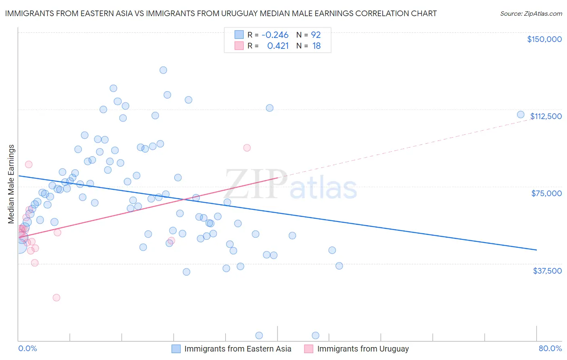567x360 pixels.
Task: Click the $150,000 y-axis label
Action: tap(544, 39)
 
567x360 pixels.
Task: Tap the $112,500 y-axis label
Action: tap(546, 116)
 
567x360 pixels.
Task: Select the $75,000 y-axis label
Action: tap(546, 193)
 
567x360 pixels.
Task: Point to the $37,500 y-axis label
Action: tap(547, 271)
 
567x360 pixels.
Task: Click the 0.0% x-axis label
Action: tap(27, 348)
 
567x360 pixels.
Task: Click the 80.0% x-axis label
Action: tap(550, 348)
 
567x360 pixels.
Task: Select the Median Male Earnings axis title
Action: tap(11, 184)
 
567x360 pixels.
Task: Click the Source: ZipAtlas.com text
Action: tap(531, 14)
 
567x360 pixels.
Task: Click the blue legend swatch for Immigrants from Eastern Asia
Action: tap(176, 349)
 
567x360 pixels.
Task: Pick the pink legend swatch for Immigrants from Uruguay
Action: tap(309, 349)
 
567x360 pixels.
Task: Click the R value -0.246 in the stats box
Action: tap(275, 35)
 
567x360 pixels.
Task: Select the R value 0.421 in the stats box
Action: tap(278, 46)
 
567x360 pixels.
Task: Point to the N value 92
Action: tap(316, 35)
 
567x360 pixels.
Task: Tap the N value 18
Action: tap(317, 46)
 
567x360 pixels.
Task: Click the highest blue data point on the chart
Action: tap(163, 70)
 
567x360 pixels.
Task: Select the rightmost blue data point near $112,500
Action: tap(521, 115)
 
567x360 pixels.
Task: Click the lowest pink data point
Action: tap(56, 297)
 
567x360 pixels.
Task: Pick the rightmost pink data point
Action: tap(247, 148)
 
